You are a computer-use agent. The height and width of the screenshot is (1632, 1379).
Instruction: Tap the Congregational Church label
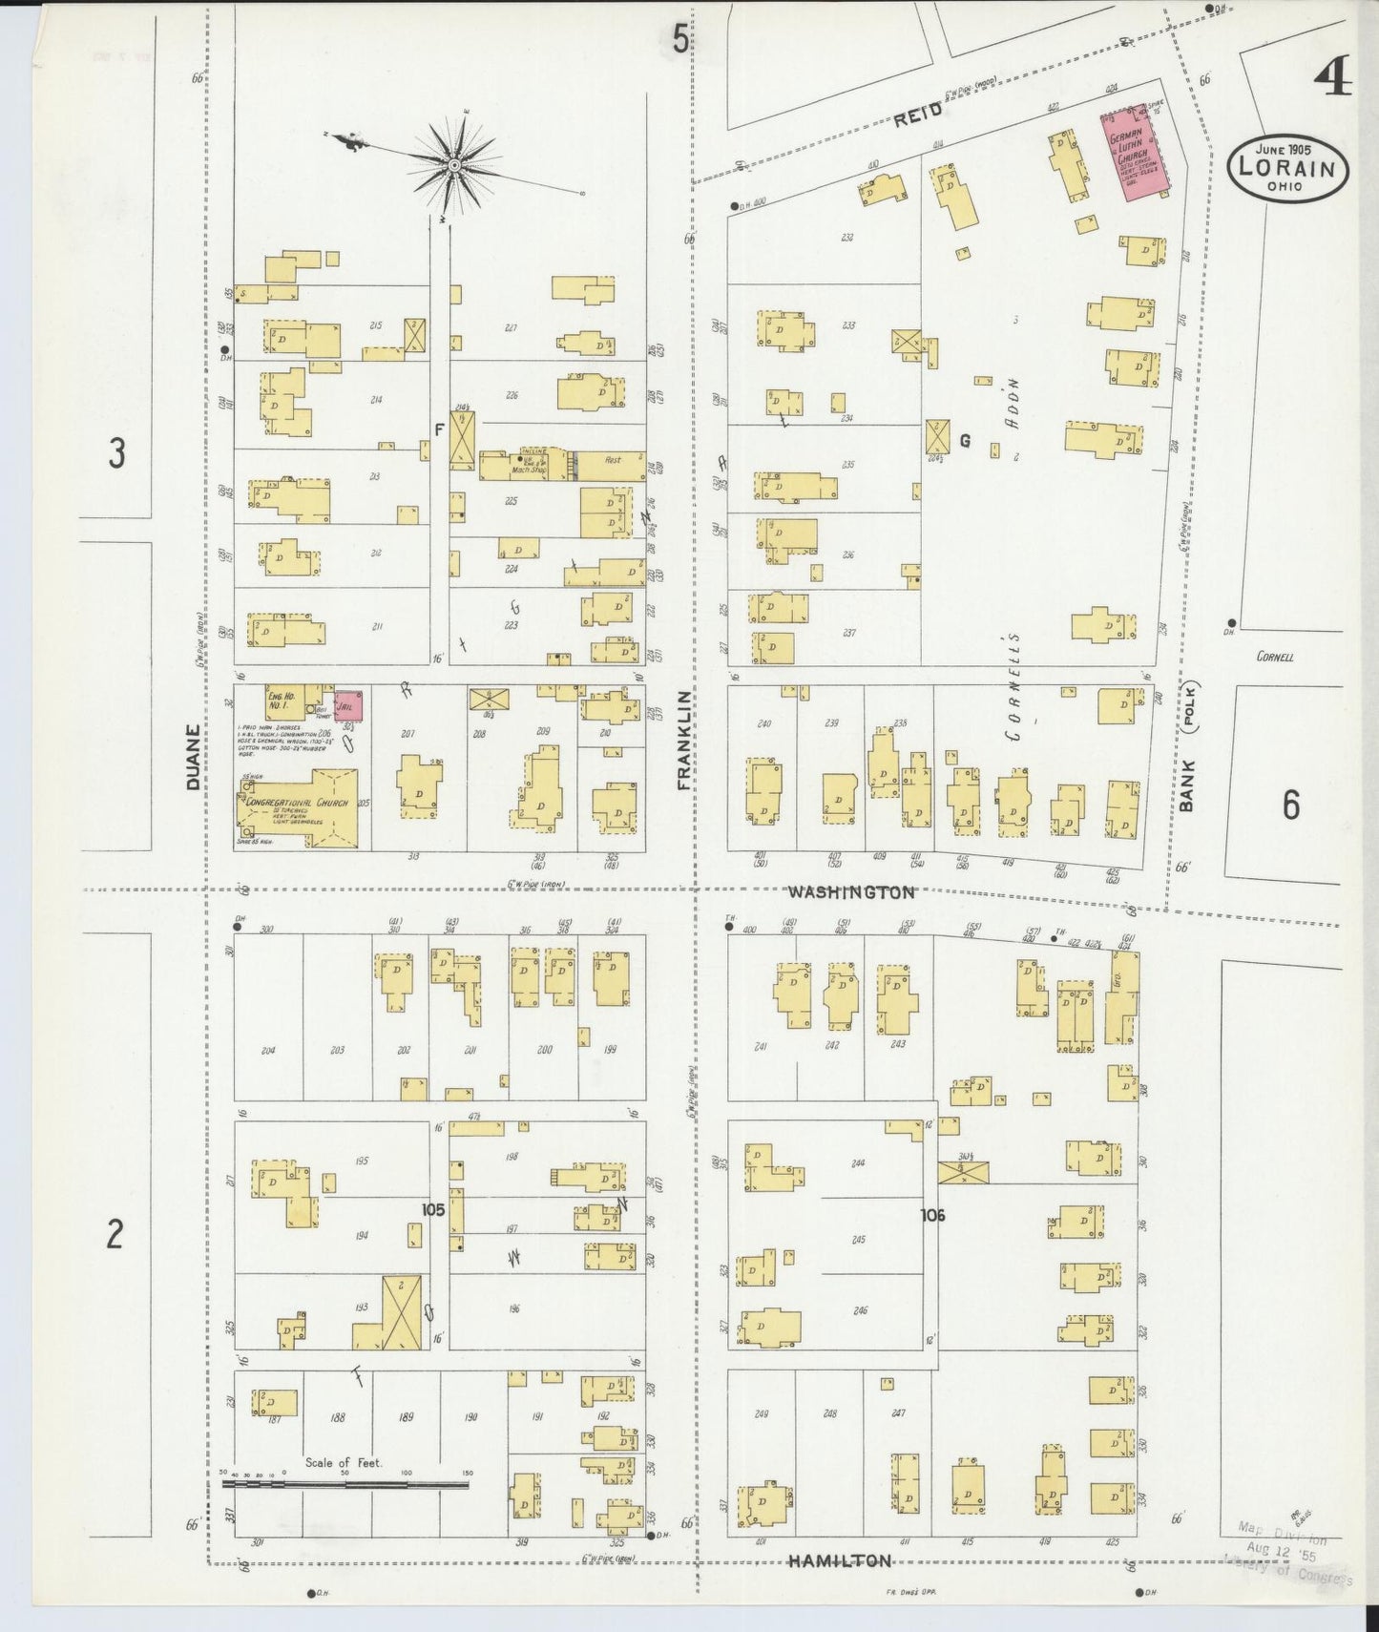click(x=296, y=803)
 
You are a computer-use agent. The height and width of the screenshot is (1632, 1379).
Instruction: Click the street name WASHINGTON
click(x=850, y=892)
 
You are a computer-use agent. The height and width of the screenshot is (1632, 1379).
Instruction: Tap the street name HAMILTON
click(x=840, y=1561)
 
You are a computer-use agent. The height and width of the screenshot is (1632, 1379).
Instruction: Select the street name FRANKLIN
click(x=684, y=741)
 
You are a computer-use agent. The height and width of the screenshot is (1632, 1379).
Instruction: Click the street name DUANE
click(x=194, y=756)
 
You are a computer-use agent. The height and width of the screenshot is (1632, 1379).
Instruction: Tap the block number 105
click(x=433, y=1210)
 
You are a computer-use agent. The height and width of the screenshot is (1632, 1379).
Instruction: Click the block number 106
click(x=931, y=1215)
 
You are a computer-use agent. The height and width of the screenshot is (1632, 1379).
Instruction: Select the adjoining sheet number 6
click(x=1290, y=805)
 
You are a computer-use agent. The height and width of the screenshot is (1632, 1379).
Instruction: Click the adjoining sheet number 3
click(x=115, y=454)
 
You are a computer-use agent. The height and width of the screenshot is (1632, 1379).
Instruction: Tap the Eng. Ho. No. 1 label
click(x=280, y=700)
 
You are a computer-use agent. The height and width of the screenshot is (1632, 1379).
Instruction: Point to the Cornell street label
click(x=1275, y=657)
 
